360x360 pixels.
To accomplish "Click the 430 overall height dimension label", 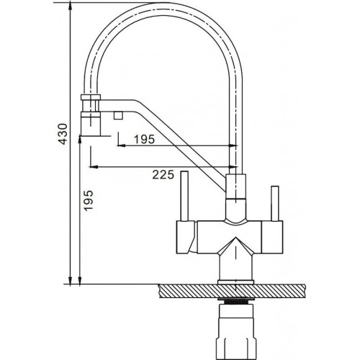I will pos(63,134).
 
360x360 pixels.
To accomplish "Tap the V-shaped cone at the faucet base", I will pos(234,252).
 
